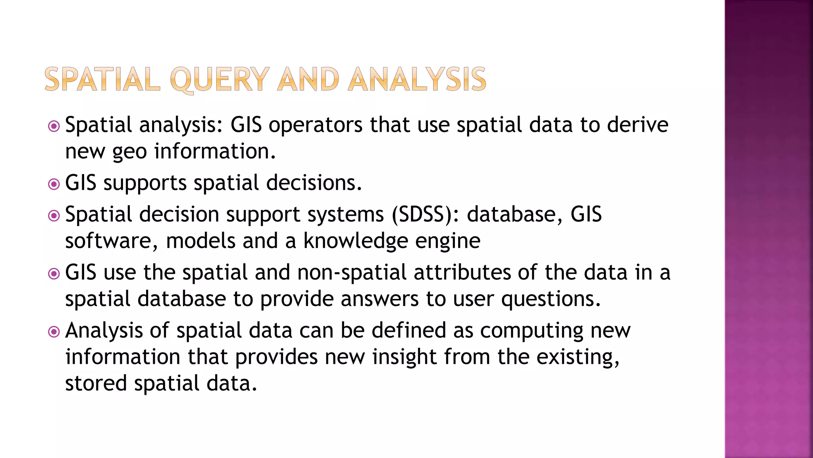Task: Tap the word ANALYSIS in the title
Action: (x=417, y=80)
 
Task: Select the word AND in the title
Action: (x=308, y=80)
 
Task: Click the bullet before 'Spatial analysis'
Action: (x=54, y=126)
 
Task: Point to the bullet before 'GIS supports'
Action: (x=54, y=184)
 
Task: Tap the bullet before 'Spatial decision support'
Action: (x=54, y=216)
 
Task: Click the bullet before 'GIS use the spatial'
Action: (x=54, y=274)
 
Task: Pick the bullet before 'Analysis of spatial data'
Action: (x=54, y=332)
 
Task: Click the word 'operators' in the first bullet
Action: (x=316, y=125)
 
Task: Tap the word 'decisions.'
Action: (x=314, y=183)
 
